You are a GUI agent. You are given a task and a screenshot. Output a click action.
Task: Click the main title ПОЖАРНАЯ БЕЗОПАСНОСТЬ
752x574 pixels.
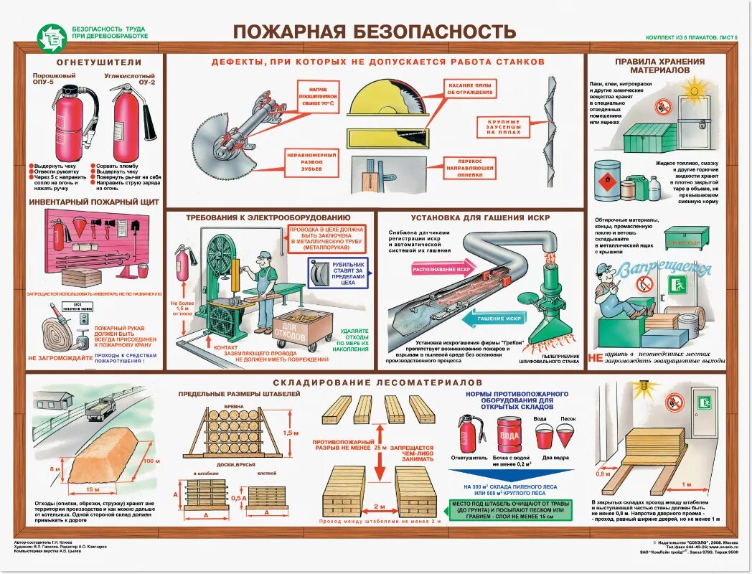(375, 31)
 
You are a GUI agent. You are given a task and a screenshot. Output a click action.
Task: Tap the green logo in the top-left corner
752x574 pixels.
(53, 37)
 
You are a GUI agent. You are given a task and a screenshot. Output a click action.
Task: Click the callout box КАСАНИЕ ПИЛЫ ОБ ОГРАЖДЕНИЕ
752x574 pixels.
(470, 88)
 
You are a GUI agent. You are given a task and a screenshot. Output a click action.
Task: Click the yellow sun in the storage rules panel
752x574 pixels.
(695, 92)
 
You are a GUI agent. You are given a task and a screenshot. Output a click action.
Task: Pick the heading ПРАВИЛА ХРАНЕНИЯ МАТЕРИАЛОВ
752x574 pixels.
(659, 66)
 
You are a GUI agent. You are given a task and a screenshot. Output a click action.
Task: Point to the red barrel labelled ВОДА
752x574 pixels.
(510, 434)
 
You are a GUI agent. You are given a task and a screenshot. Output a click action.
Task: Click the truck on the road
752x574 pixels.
(101, 409)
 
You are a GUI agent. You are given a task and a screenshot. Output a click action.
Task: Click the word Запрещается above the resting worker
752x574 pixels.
(665, 270)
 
